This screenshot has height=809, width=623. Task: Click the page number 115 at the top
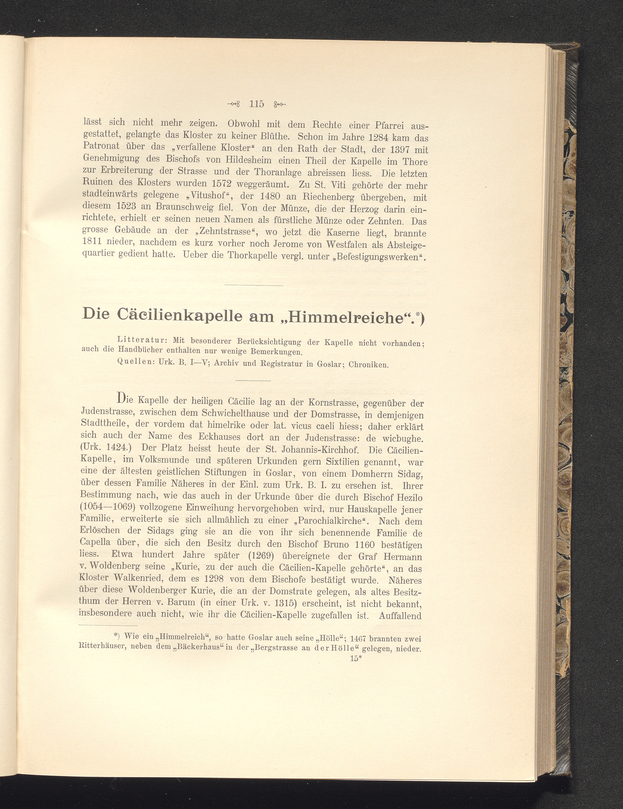click(257, 104)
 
